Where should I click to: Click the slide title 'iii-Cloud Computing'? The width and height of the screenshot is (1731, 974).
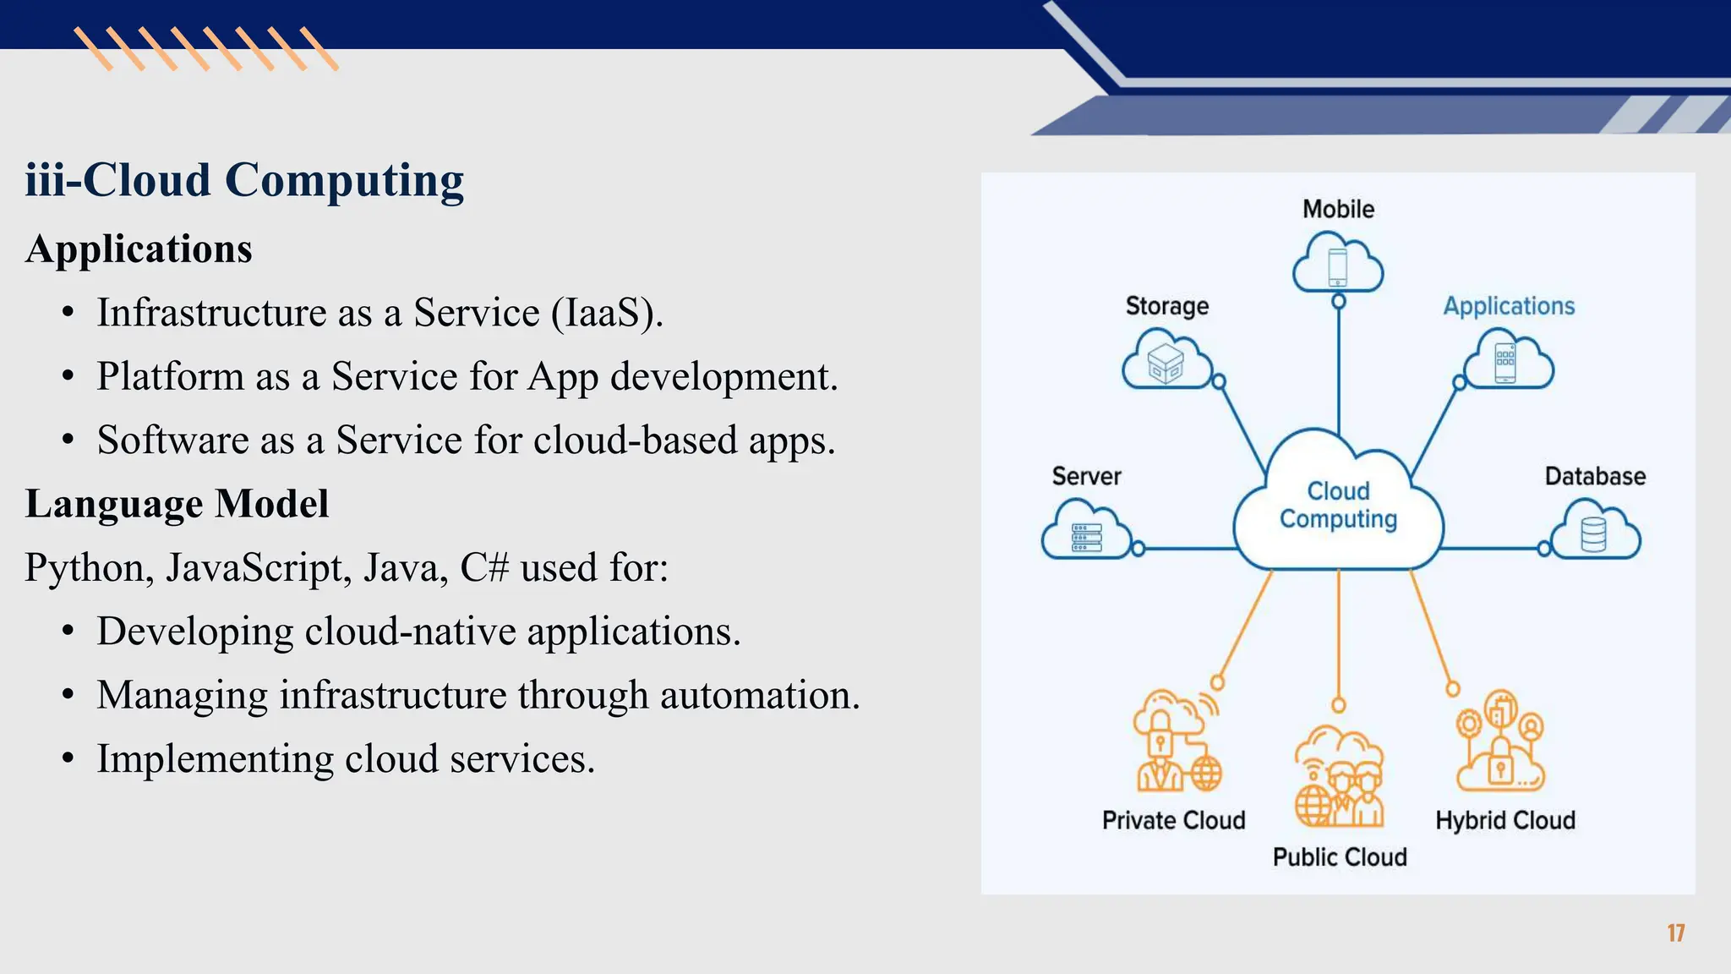coord(244,180)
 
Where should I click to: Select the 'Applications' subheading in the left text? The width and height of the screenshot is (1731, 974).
coord(139,249)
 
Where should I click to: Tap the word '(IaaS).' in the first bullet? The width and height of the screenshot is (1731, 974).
coord(607,313)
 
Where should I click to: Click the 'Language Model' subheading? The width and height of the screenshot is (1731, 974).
coord(177,504)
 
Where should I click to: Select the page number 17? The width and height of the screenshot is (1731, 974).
coord(1676,933)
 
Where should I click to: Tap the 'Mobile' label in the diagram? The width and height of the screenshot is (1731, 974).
coord(1338,209)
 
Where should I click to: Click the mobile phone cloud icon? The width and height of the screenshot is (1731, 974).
coord(1338,264)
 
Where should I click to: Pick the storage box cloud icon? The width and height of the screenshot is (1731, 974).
coord(1166,362)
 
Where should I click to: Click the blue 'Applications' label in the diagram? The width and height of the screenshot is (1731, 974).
coord(1509,306)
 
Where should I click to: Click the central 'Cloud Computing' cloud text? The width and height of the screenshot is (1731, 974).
coord(1338,505)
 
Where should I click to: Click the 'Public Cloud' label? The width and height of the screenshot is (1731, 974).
coord(1340,857)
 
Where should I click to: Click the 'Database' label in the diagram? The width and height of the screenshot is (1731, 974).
coord(1595,477)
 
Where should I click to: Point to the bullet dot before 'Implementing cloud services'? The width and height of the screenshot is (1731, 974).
coord(68,758)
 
